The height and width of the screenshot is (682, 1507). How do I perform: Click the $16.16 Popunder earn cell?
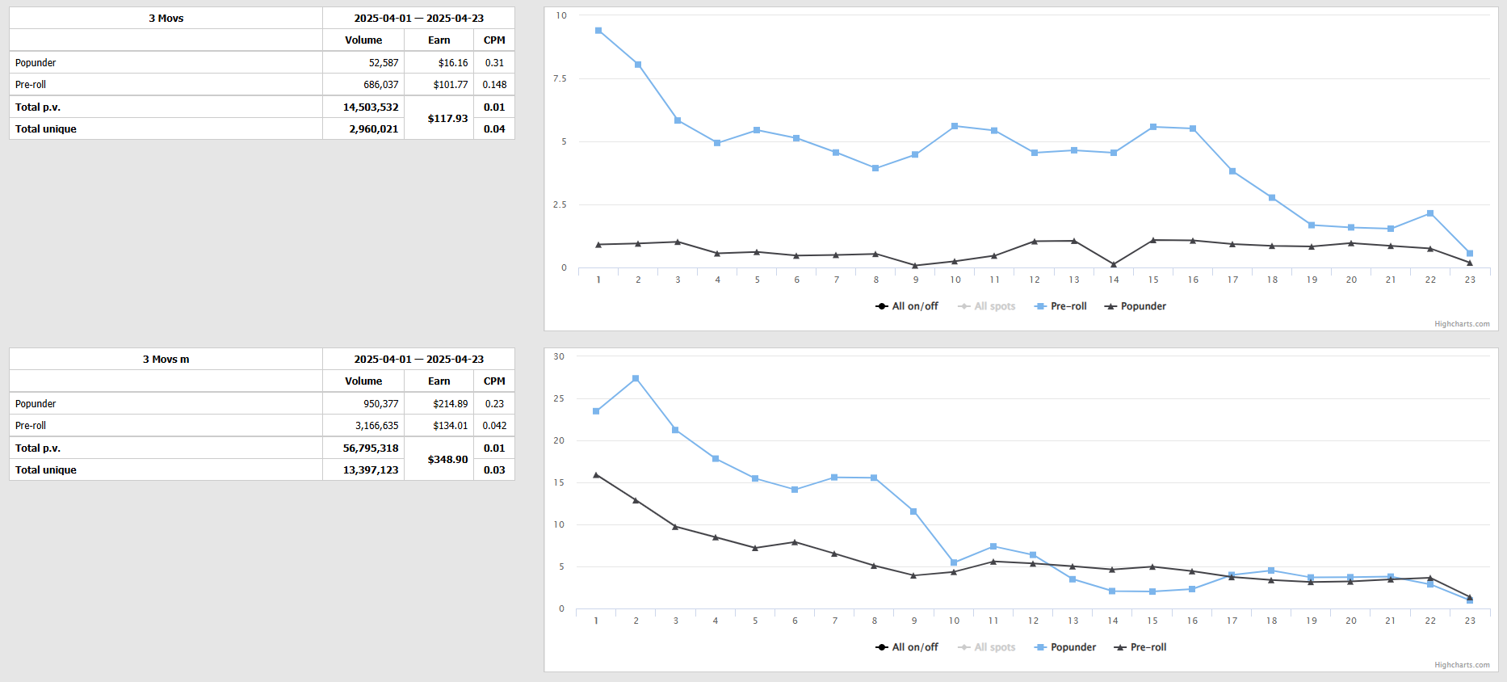(452, 63)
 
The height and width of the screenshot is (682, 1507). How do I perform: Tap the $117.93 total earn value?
(447, 119)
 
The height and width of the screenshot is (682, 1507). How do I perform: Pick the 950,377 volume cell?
(380, 404)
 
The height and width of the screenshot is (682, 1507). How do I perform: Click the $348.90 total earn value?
(447, 460)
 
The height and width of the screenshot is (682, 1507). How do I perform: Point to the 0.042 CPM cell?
(494, 426)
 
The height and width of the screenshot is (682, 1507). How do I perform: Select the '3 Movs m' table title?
(166, 360)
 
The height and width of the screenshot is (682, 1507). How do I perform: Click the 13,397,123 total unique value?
(371, 470)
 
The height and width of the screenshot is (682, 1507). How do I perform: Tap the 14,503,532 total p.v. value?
(371, 107)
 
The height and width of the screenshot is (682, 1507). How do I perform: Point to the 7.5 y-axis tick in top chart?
(560, 78)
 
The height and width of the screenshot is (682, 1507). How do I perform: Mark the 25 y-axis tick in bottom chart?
(559, 398)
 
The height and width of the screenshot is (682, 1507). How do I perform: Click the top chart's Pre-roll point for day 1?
(598, 31)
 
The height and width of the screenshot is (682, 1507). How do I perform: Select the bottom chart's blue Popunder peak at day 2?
(636, 378)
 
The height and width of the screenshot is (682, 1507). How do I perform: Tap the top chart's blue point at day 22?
(1430, 213)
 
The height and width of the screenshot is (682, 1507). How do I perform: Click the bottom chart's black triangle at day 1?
(596, 475)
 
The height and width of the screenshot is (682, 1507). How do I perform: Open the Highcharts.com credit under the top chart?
(1462, 324)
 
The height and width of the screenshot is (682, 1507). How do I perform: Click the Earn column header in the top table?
(439, 40)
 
